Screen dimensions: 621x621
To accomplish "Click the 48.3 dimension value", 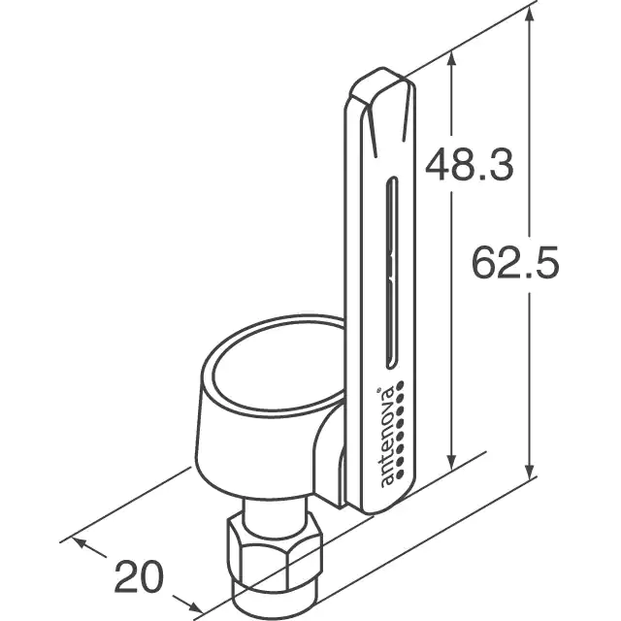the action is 470,164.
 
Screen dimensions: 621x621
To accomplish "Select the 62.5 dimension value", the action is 515,262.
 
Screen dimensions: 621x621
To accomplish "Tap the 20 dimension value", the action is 139,576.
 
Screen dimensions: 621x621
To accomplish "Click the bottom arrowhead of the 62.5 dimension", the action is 530,473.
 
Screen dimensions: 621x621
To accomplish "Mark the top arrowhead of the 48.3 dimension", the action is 451,58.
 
